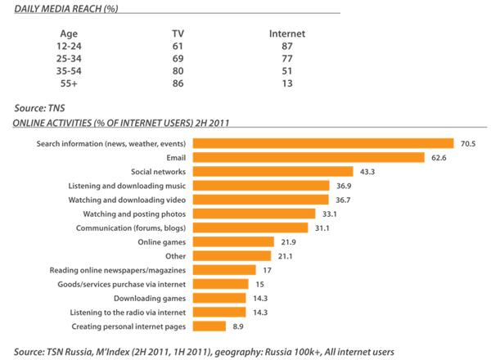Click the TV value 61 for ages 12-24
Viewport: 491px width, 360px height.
pos(178,47)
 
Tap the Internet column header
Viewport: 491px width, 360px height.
pos(286,34)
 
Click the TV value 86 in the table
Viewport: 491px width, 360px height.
pos(178,84)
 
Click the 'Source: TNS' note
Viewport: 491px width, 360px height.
pos(41,108)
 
